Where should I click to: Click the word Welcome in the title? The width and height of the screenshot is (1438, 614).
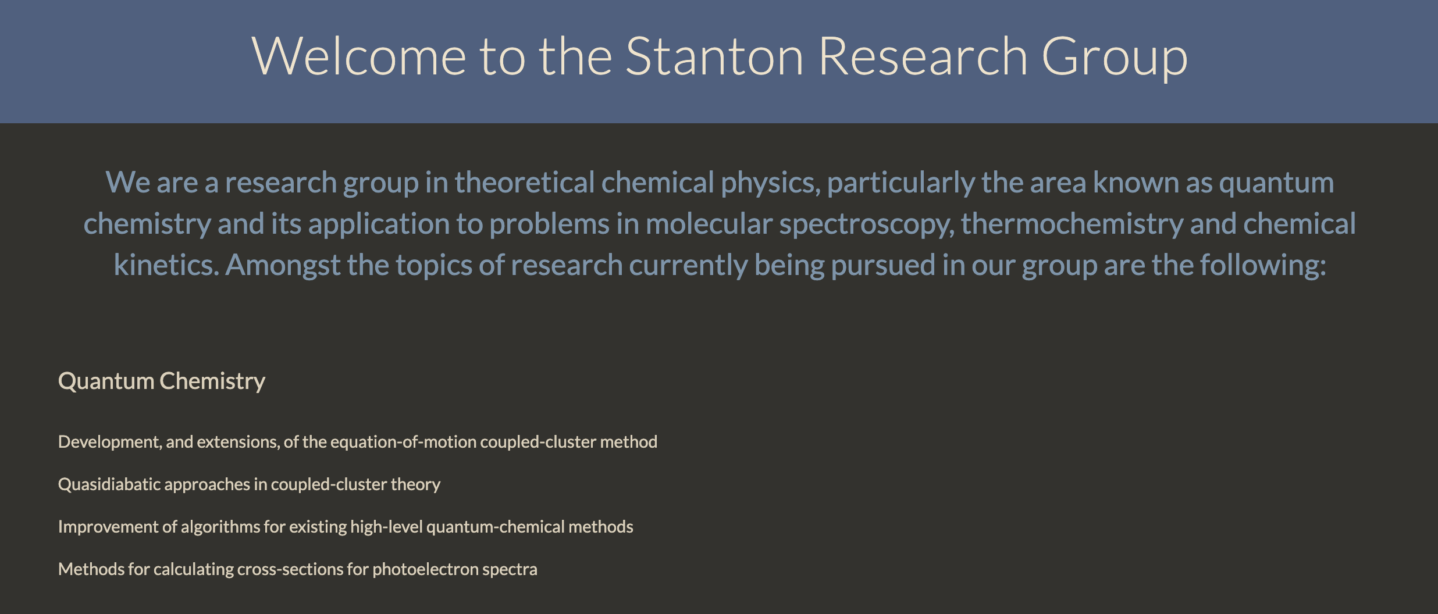359,56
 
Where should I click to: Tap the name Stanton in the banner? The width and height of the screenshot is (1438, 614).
715,56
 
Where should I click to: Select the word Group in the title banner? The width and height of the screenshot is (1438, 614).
1115,58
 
